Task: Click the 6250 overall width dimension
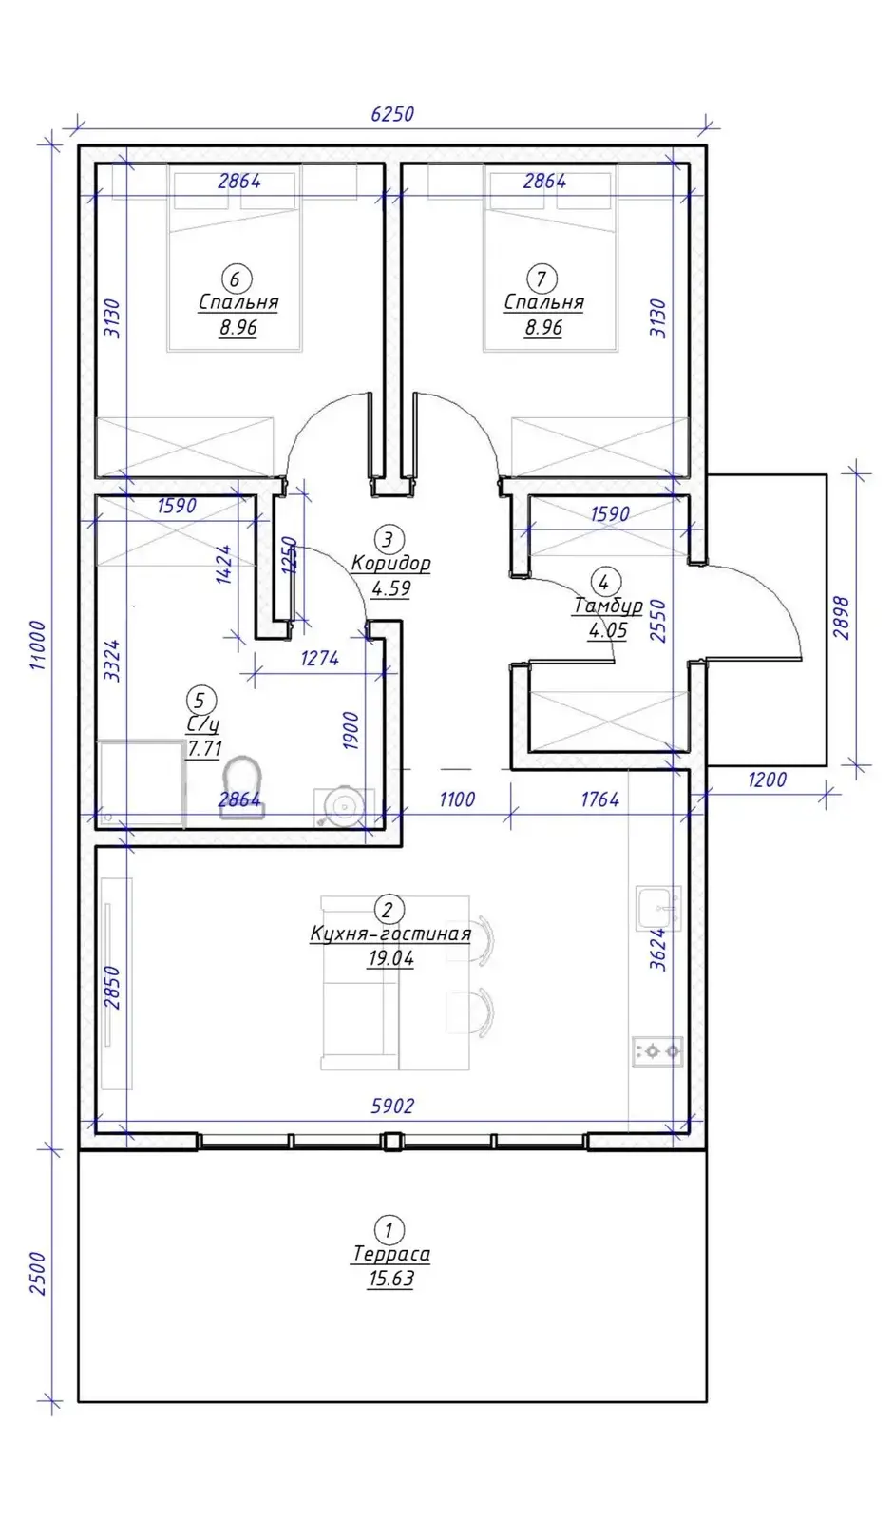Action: pos(392,113)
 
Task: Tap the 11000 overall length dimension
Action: pos(38,645)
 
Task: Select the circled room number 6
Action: pos(236,279)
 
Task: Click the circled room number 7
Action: pos(541,279)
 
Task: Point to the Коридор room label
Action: pos(390,564)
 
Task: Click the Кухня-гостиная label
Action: pos(390,934)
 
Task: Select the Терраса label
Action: pos(391,1254)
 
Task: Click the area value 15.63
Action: pos(391,1279)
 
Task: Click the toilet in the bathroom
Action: pos(242,786)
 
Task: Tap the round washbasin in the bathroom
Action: pos(343,807)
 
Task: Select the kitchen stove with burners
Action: pos(656,1051)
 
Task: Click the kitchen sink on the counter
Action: pos(658,908)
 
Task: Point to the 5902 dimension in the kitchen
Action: pos(392,1107)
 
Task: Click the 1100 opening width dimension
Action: pos(457,799)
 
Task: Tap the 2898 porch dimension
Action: pos(841,617)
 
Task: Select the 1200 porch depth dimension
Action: pos(767,780)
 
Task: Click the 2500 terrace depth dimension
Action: pos(38,1274)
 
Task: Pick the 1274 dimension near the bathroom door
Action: pos(319,658)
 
